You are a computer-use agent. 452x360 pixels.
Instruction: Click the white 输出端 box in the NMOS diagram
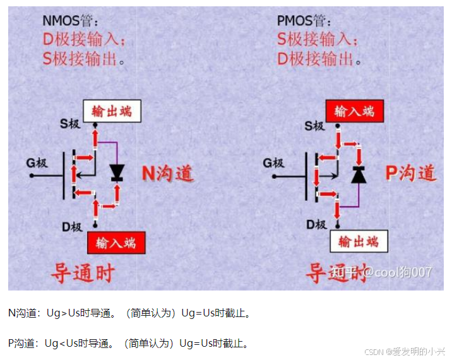112,111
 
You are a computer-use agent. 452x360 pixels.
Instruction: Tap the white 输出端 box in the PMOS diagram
359,241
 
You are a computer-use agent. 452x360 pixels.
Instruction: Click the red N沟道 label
167,173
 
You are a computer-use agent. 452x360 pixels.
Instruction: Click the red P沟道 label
410,172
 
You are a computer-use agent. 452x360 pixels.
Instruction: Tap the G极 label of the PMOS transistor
274,163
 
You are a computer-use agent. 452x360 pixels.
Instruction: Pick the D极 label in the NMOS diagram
70,226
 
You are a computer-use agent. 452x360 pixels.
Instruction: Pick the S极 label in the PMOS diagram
314,126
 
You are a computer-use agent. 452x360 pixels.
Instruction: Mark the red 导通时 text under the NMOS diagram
83,273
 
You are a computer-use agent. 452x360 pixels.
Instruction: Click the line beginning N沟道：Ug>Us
129,313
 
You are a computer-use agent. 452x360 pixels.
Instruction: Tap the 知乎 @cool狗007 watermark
381,272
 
